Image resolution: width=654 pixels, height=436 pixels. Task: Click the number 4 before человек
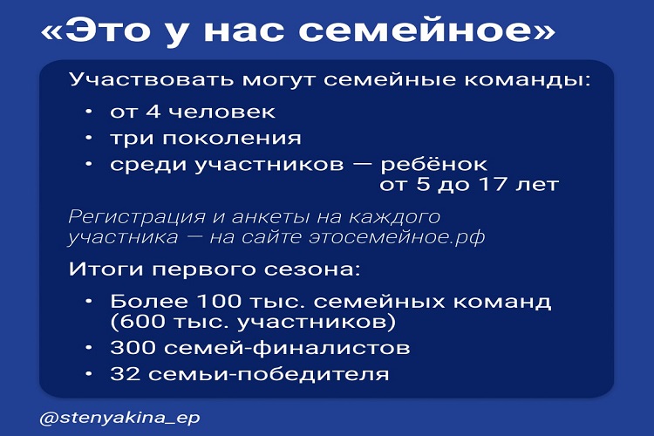153,112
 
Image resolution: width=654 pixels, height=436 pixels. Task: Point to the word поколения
231,138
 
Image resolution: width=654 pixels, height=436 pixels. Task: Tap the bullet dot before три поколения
88,138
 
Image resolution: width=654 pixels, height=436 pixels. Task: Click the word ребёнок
433,164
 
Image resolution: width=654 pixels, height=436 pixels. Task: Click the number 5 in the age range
423,184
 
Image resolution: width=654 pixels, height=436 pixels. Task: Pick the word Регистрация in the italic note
137,217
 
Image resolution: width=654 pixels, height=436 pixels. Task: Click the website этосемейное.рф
397,237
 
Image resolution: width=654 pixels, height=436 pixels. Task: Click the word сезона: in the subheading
312,270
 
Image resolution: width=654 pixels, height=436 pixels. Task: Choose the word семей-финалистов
287,348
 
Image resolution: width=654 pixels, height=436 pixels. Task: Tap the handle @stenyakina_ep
119,418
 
